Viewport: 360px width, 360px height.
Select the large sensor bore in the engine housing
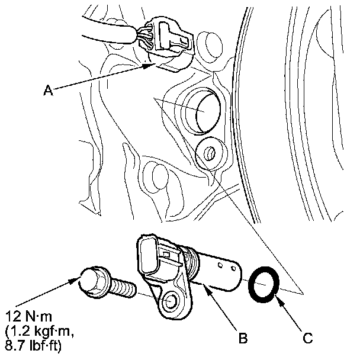click(x=203, y=112)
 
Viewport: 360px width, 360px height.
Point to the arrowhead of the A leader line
click(x=152, y=66)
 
